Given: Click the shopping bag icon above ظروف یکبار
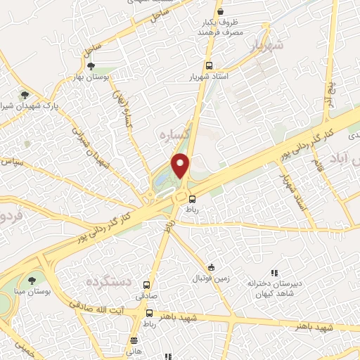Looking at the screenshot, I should [x=220, y=13].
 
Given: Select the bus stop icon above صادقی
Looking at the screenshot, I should [x=147, y=285].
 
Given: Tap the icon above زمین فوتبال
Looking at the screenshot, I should [x=212, y=267].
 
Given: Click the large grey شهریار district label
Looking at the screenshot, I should [x=266, y=46].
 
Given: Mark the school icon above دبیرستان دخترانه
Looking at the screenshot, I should [x=274, y=273].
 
